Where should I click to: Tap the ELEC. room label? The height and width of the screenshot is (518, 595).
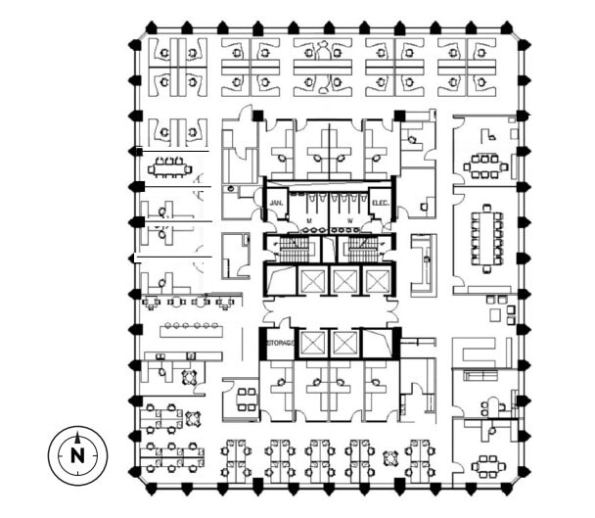coord(382,203)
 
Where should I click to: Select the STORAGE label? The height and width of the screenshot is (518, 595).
coord(279,344)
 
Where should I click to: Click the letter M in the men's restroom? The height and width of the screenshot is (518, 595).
coord(309,221)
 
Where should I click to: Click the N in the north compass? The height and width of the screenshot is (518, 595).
coord(77,454)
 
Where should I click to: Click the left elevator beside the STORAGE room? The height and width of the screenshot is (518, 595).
coord(312,344)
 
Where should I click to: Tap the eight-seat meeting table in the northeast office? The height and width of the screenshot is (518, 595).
coord(485,165)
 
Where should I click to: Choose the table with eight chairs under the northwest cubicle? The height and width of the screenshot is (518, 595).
coord(169,167)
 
